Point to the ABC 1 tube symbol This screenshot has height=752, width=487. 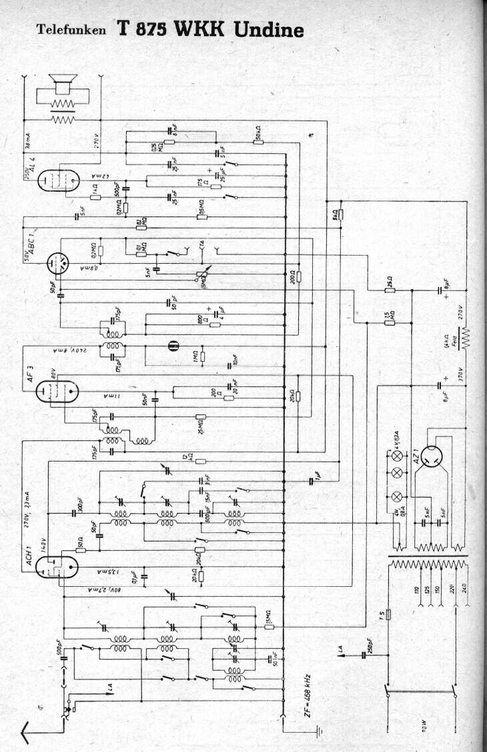(56, 264)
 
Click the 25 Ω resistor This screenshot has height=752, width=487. (390, 290)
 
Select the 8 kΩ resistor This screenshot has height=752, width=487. (340, 214)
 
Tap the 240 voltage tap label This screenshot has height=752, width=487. (465, 590)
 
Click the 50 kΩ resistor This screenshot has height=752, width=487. (258, 142)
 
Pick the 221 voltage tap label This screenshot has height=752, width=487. (454, 590)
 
